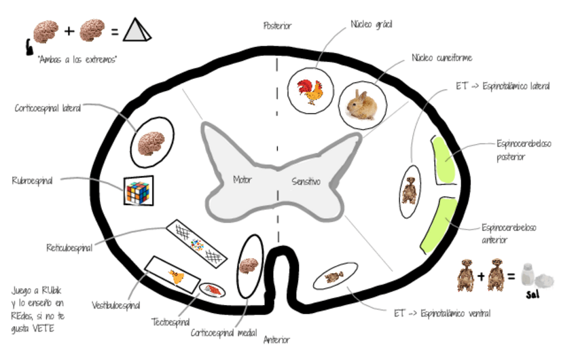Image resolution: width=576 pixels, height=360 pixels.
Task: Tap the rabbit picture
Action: pyautogui.click(x=361, y=105)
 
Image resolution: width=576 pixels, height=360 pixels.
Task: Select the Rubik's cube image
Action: pyautogui.click(x=138, y=190)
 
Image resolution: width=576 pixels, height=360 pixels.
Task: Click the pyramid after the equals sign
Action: pyautogui.click(x=137, y=30)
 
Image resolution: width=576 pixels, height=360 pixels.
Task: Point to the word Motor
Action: pyautogui.click(x=242, y=180)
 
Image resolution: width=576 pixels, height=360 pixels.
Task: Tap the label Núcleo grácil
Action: pyautogui.click(x=372, y=24)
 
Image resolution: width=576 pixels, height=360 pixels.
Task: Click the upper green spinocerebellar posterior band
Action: pyautogui.click(x=445, y=160)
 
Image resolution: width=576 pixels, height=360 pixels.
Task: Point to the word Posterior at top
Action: pyautogui.click(x=277, y=26)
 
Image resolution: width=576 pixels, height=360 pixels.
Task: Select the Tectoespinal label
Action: pyautogui.click(x=170, y=321)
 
